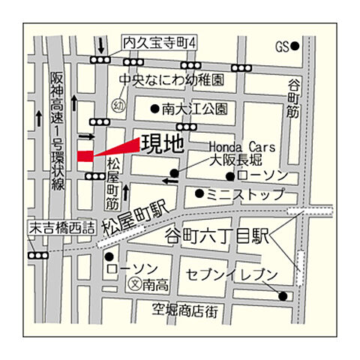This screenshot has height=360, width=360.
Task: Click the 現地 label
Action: click(161, 142)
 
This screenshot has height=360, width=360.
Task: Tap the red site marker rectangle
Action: click(85, 155)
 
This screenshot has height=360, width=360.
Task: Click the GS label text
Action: click(281, 46)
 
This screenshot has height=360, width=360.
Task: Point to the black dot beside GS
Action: click(295, 46)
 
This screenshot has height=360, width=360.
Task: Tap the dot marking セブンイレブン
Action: click(283, 295)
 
